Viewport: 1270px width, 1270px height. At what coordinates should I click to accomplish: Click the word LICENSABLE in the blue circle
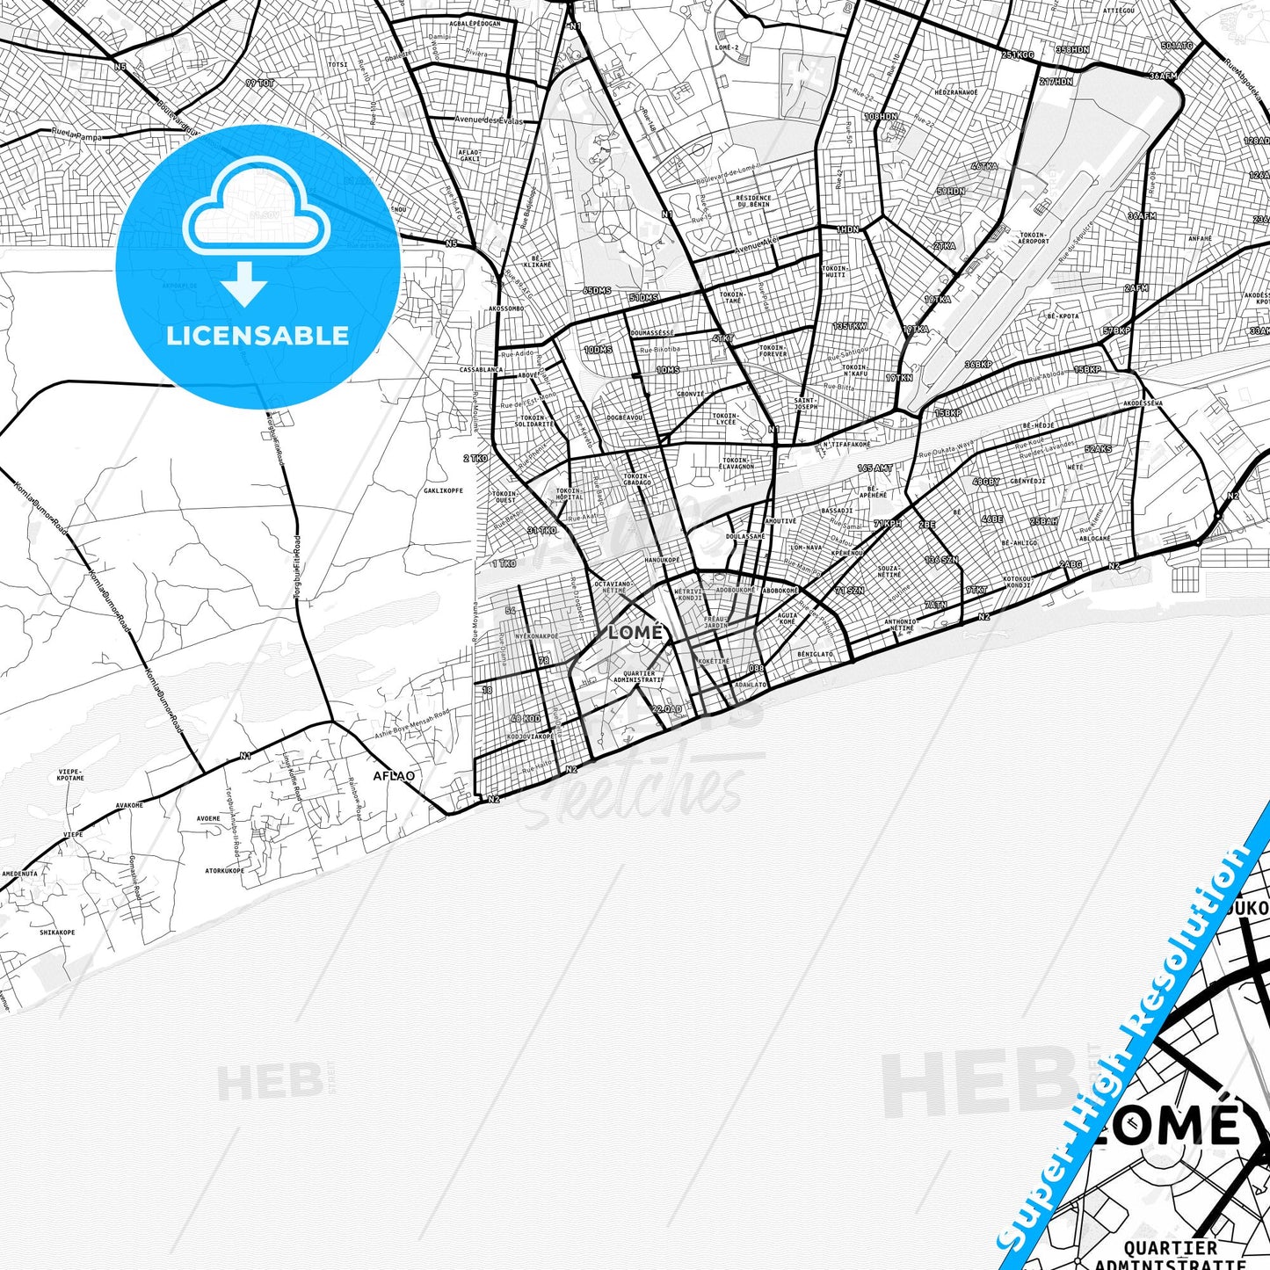pyautogui.click(x=258, y=335)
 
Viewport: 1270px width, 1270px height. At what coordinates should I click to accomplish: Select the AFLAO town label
pyautogui.click(x=394, y=776)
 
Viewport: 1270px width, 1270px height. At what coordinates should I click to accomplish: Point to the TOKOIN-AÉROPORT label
pyautogui.click(x=1034, y=238)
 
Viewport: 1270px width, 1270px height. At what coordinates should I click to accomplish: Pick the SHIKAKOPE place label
pyautogui.click(x=57, y=933)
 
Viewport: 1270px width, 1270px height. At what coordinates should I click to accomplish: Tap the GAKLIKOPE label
pyautogui.click(x=443, y=490)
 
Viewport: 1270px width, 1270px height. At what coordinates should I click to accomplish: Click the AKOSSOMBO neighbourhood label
pyautogui.click(x=506, y=309)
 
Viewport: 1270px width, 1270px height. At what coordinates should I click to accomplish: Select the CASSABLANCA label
pyautogui.click(x=481, y=370)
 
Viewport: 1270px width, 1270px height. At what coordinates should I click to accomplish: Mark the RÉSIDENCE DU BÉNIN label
pyautogui.click(x=753, y=201)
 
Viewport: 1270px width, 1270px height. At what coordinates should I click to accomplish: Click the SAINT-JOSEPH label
pyautogui.click(x=805, y=403)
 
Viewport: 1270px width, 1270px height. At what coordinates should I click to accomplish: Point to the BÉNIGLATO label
pyautogui.click(x=815, y=654)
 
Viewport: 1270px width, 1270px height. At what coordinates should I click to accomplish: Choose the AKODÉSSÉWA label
pyautogui.click(x=1143, y=403)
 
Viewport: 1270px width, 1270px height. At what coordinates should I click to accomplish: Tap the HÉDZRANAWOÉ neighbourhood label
pyautogui.click(x=956, y=91)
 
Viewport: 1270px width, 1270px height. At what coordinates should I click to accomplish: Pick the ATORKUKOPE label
pyautogui.click(x=224, y=871)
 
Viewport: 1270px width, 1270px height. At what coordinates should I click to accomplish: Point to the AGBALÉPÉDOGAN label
pyautogui.click(x=475, y=24)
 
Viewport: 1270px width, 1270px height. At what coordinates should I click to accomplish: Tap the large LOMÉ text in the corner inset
pyautogui.click(x=1169, y=1127)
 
